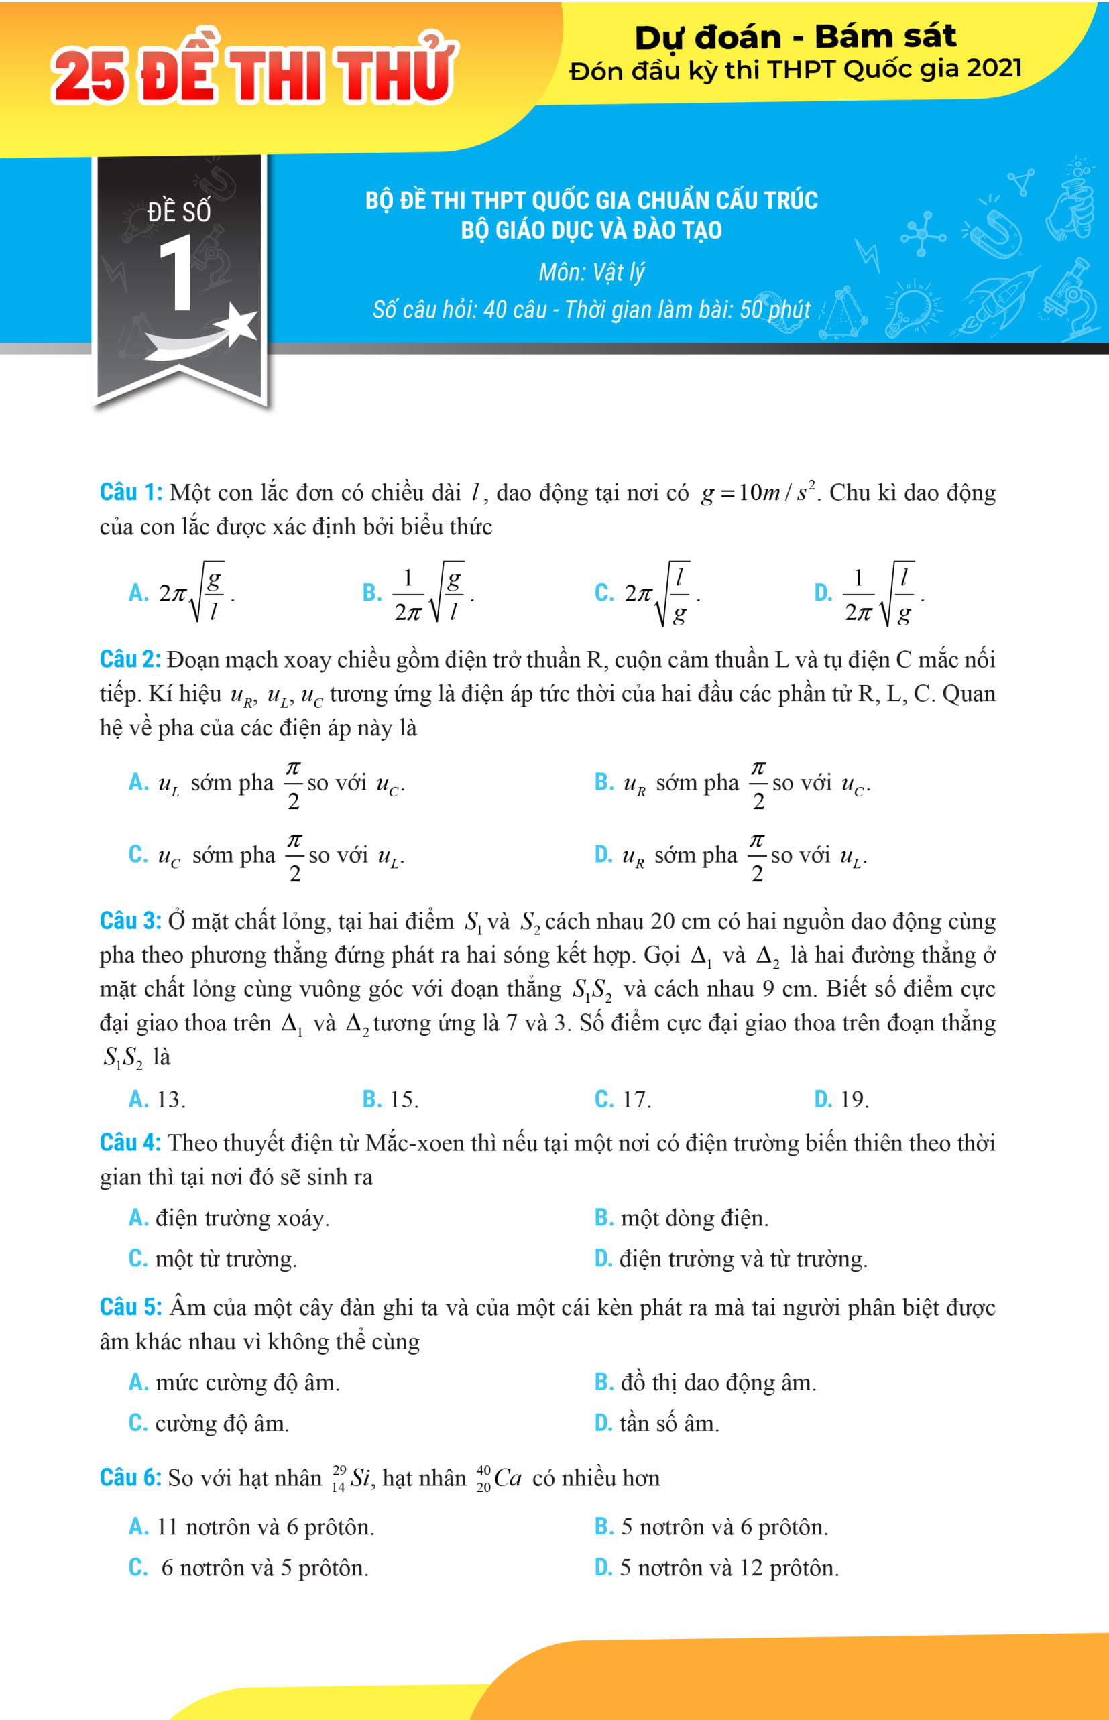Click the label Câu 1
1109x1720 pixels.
[130, 493]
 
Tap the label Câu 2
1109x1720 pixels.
[130, 660]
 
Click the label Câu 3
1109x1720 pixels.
[130, 921]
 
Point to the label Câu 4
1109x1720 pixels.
[130, 1143]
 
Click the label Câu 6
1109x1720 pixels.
[130, 1477]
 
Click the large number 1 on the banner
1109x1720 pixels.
[176, 275]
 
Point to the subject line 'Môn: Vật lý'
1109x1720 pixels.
[591, 273]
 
